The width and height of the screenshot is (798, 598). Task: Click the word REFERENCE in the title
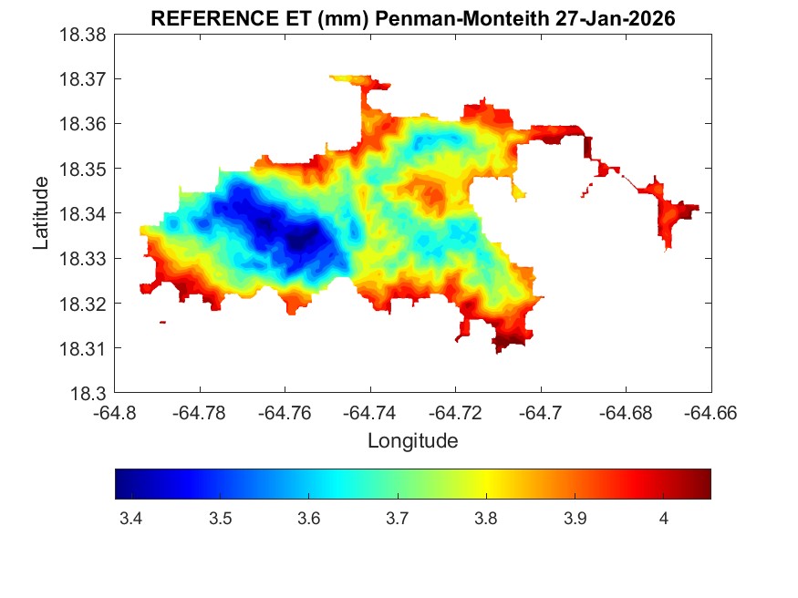[203, 19]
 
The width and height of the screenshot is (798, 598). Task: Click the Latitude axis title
[41, 213]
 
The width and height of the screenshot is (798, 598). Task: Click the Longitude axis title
[412, 441]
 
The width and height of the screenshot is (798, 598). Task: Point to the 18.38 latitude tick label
[84, 35]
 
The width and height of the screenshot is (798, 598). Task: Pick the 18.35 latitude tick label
[84, 169]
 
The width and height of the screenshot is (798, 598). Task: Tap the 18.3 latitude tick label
[89, 393]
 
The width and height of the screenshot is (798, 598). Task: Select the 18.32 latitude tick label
[84, 304]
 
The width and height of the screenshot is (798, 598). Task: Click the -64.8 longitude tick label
[116, 412]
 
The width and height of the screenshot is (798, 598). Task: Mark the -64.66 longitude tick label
[711, 412]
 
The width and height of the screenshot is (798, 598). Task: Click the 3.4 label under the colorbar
[130, 519]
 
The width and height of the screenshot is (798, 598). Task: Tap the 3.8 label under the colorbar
[486, 519]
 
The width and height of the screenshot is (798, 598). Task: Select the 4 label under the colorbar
[664, 519]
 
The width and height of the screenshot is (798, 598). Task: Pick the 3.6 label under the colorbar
[308, 519]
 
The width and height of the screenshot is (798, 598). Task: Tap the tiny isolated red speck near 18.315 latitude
[162, 322]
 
